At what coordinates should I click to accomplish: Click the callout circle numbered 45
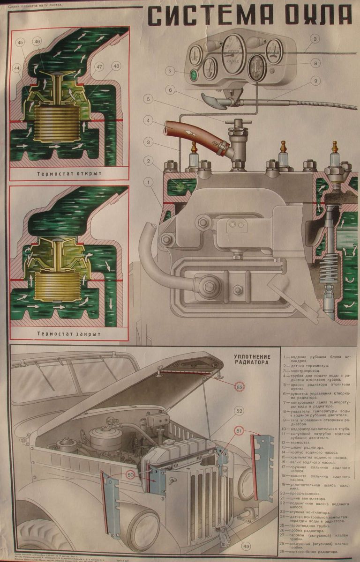(x=20, y=43)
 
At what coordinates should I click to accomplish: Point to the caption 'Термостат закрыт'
(x=69, y=334)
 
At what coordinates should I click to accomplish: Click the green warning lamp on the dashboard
(x=193, y=75)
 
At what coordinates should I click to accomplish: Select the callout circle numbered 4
(x=148, y=120)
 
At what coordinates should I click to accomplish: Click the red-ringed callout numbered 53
(x=240, y=387)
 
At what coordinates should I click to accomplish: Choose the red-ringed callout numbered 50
(x=130, y=475)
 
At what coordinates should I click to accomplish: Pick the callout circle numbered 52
(x=240, y=411)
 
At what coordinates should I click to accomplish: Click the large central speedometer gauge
(x=233, y=56)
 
